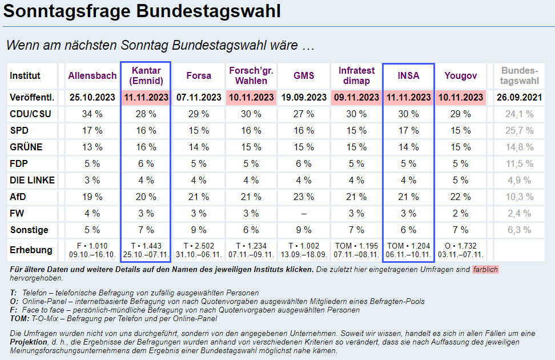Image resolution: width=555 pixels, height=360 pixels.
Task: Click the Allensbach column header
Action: tap(92, 75)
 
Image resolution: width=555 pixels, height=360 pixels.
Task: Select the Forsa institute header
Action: tap(198, 75)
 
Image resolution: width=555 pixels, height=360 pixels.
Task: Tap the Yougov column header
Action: tap(460, 75)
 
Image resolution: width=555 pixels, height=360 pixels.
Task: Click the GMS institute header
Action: tap(304, 75)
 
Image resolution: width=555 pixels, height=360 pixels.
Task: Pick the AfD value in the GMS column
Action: tap(304, 197)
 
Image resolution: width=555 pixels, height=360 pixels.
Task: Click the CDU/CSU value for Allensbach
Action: tap(92, 114)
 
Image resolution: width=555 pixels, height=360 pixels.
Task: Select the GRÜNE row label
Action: tap(27, 147)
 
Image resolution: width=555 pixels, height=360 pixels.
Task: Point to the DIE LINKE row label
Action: tap(33, 181)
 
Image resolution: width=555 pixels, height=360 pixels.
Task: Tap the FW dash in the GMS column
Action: tap(304, 214)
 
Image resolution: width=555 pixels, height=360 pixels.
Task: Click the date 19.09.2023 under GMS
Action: tap(304, 97)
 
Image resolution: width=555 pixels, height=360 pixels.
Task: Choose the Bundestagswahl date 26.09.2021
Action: tap(520, 97)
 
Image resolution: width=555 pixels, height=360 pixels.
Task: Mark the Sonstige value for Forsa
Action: tap(198, 230)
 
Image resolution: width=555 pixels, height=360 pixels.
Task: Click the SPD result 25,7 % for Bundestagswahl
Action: tap(520, 131)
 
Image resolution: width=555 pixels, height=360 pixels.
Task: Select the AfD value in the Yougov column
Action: tap(460, 197)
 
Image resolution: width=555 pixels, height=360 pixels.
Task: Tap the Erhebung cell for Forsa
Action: tap(198, 250)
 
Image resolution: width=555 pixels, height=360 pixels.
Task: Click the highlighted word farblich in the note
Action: tap(485, 269)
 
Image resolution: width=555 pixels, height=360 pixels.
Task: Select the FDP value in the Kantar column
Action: tap(145, 164)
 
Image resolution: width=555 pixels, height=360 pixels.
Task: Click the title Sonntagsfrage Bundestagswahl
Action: tap(142, 11)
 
